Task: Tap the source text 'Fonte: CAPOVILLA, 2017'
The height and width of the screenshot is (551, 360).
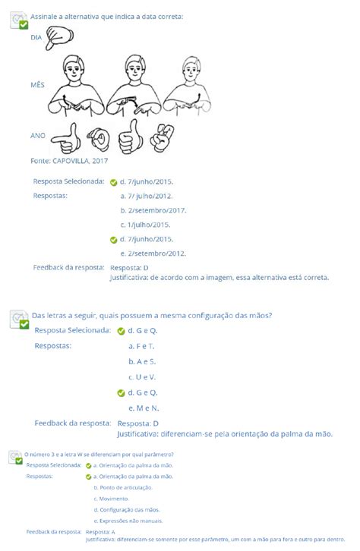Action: tap(69, 161)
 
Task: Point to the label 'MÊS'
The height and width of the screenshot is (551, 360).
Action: tap(37, 87)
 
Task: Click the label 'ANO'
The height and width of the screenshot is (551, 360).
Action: tap(37, 135)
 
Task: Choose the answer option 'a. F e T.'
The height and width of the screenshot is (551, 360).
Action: tap(141, 346)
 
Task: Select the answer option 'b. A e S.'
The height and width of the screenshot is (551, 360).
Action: tap(142, 361)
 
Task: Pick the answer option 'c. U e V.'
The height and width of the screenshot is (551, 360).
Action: tap(142, 376)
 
